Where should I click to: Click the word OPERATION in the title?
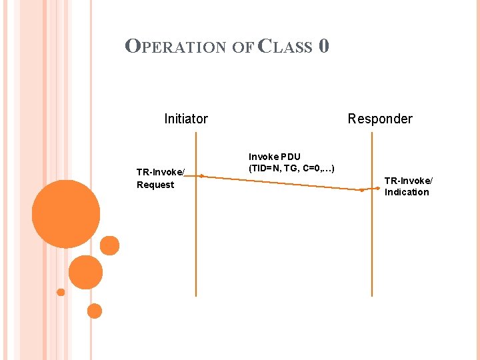(176, 47)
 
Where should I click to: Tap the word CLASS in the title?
(285, 47)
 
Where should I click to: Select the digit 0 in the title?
(323, 46)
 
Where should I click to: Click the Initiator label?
(186, 119)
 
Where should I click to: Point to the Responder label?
(380, 119)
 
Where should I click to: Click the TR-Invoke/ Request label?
(160, 179)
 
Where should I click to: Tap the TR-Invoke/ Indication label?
(408, 186)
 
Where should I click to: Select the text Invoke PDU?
(275, 157)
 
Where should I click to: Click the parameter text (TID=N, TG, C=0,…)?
(291, 168)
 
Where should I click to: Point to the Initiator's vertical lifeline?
(195, 240)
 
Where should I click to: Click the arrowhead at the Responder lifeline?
(363, 189)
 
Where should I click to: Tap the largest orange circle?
(66, 215)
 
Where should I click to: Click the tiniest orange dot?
(61, 292)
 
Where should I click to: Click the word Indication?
(407, 192)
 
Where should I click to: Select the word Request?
(155, 185)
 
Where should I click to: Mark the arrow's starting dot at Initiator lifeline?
(201, 177)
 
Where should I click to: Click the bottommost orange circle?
(95, 311)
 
